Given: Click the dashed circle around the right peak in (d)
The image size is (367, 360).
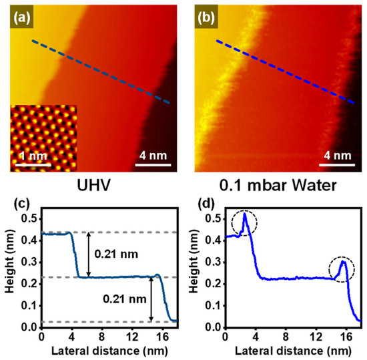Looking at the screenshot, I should pos(342,270).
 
